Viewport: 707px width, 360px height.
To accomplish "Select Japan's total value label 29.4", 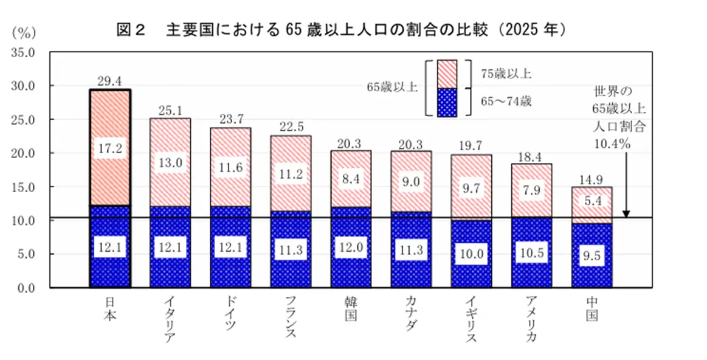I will pyautogui.click(x=109, y=80).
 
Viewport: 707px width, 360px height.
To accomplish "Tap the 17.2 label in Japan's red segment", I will pyautogui.click(x=109, y=148).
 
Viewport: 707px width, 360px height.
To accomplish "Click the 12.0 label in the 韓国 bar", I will pyautogui.click(x=351, y=249).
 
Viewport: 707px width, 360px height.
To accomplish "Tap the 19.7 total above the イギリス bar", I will pyautogui.click(x=471, y=145).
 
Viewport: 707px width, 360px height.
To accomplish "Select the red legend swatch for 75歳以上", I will pyautogui.click(x=447, y=74).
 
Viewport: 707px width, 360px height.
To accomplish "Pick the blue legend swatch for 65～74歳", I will pyautogui.click(x=447, y=102).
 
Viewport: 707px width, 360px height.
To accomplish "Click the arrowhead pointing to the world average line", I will pyautogui.click(x=626, y=213).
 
